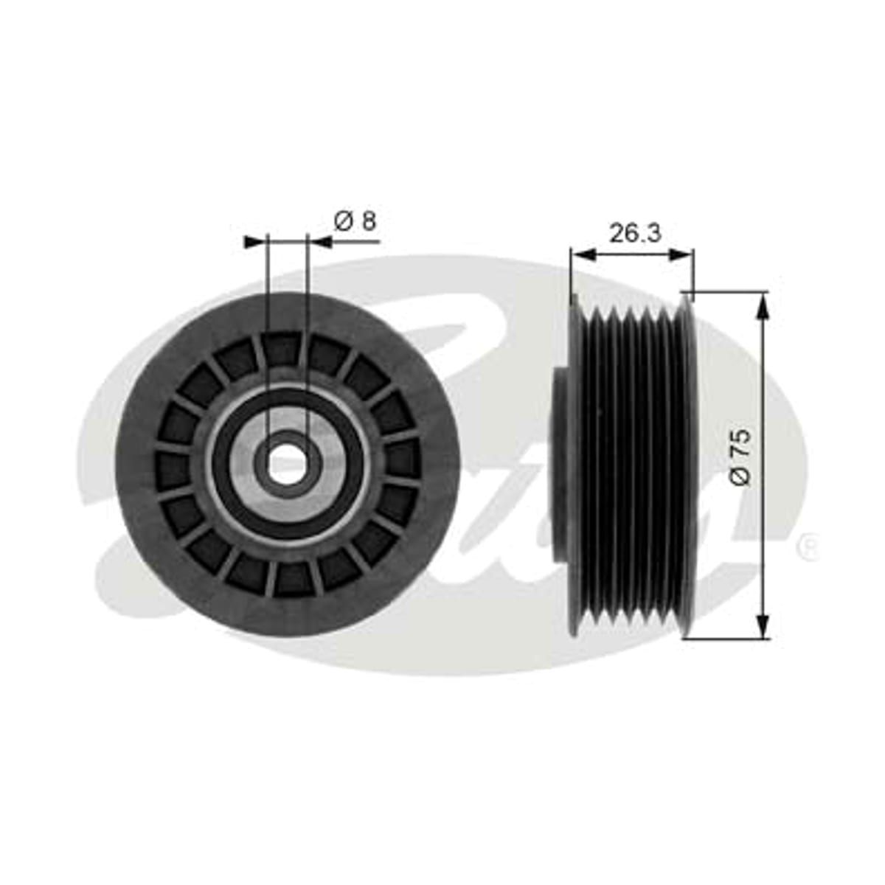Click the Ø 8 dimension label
coord(355,221)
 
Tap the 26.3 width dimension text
coord(635,233)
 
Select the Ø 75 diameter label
coord(740,457)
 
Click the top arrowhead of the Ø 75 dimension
coord(763,306)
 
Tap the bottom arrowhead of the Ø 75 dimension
coord(763,624)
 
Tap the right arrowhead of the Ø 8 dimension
coord(319,242)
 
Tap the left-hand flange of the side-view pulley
coord(575,465)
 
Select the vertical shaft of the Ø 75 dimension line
coord(763,465)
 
